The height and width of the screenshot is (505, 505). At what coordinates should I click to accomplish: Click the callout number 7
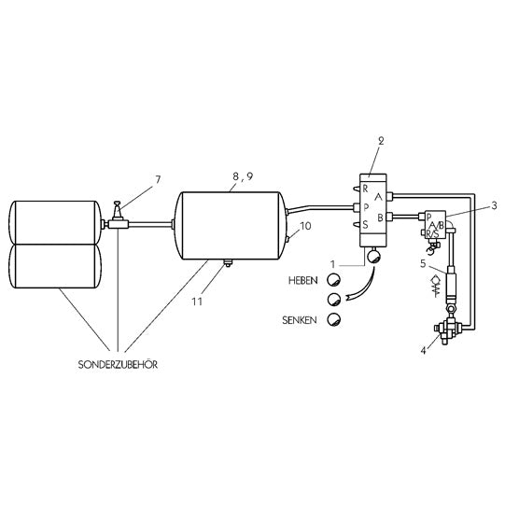(x=157, y=178)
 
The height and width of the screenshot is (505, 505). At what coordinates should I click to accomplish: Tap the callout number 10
(x=305, y=224)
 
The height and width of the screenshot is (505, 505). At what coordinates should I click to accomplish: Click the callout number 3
(x=494, y=203)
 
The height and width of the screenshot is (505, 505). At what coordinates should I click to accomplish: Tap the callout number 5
(x=423, y=265)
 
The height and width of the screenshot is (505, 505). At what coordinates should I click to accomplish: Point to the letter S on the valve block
(x=365, y=225)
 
